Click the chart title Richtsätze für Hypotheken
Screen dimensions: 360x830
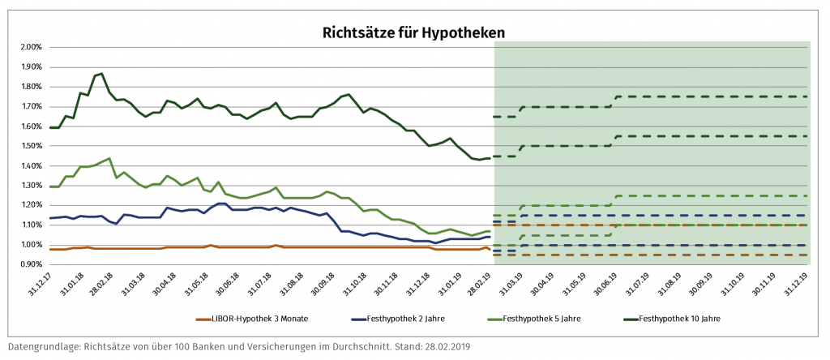coord(414,32)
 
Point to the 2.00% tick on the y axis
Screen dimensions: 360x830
coord(29,47)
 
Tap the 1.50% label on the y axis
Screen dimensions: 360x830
coord(29,146)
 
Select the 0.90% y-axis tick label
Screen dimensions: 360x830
coord(29,265)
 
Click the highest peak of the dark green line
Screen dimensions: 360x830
coord(101,74)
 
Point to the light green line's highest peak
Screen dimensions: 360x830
coord(109,159)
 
